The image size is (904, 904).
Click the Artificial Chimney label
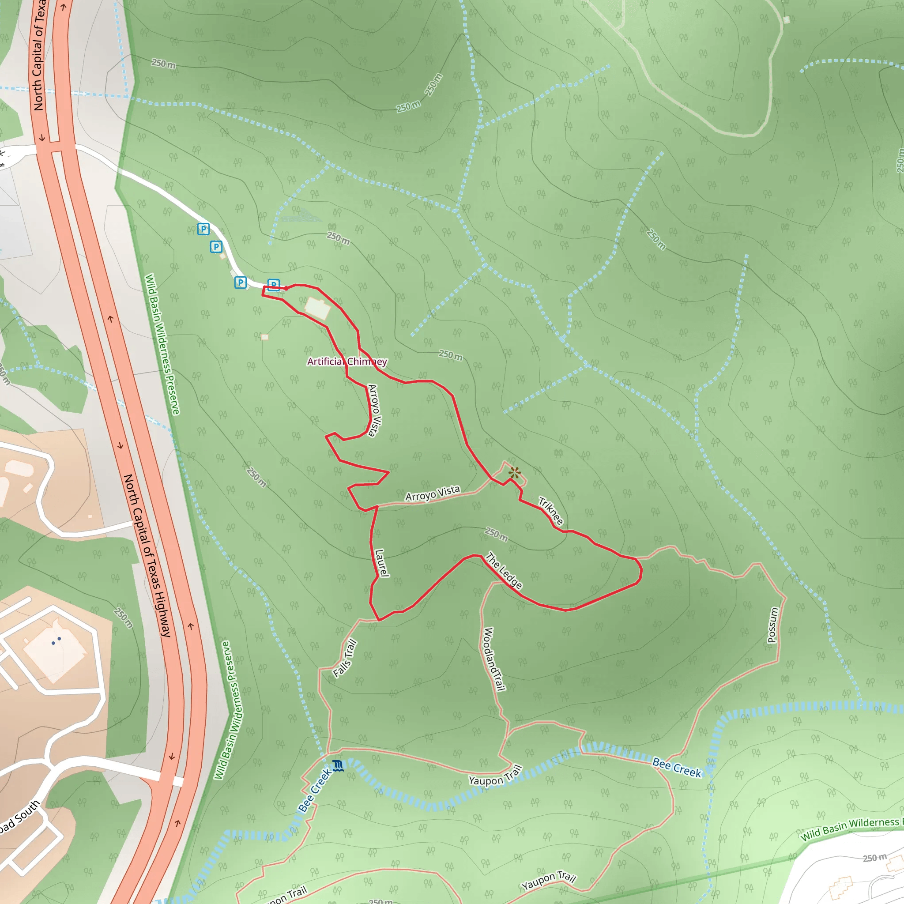[347, 362]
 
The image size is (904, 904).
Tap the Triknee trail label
[551, 511]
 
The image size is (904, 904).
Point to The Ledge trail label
[504, 570]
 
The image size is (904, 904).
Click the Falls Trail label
[345, 658]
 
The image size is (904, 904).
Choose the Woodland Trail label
[494, 659]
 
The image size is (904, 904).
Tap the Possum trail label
[773, 625]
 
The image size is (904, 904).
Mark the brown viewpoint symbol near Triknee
[515, 473]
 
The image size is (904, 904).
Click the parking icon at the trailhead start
[274, 285]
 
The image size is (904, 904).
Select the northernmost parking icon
[203, 229]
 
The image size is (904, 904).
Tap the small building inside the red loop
[317, 309]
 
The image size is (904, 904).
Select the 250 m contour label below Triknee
[496, 534]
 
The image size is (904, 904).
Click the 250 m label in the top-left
[164, 64]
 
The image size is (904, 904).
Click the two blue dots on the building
[56, 641]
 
